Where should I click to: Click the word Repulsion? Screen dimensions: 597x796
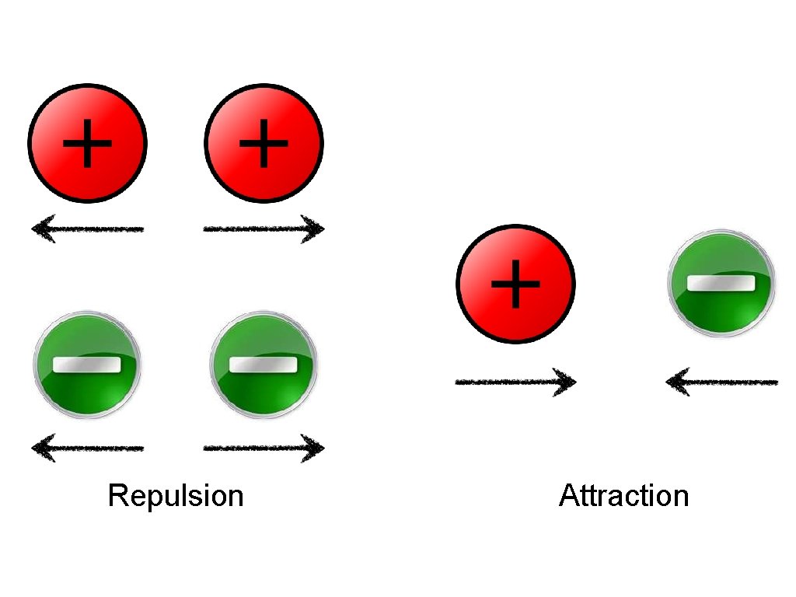[x=176, y=495]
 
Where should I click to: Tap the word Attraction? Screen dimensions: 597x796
[x=623, y=495]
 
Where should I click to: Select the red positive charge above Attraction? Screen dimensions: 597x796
[x=515, y=284]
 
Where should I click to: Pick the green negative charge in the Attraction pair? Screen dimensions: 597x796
[x=721, y=284]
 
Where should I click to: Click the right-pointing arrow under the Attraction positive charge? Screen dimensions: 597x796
[x=515, y=382]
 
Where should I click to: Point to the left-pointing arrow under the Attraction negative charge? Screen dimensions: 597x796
[x=721, y=382]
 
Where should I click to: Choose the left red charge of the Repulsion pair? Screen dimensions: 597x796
[x=87, y=142]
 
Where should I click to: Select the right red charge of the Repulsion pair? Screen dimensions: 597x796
[x=264, y=142]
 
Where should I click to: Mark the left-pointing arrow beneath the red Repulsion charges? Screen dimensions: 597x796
[x=87, y=229]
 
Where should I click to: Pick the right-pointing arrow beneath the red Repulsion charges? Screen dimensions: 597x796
[x=264, y=229]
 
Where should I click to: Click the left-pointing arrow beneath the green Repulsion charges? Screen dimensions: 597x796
[x=87, y=448]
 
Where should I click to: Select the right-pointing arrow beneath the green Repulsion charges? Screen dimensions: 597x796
[x=264, y=448]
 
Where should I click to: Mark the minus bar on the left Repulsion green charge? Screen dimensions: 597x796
[x=87, y=365]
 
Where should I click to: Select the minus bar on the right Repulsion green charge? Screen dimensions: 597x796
[x=264, y=365]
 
